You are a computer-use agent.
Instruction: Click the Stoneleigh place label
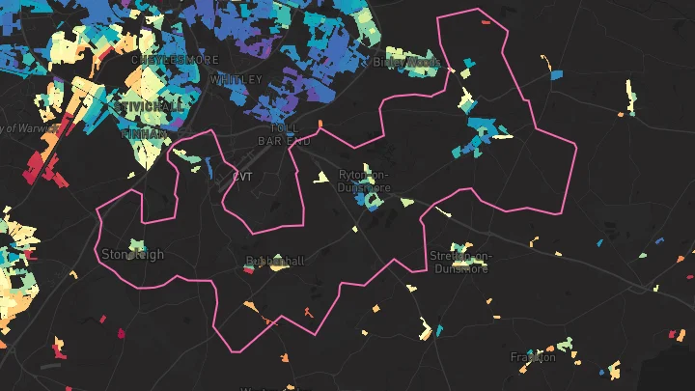(x=132, y=255)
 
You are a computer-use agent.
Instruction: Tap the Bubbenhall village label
(x=275, y=261)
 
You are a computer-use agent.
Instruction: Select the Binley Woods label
(x=406, y=62)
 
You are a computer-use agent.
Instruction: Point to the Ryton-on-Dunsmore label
(x=365, y=181)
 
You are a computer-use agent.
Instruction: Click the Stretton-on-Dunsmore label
(x=460, y=261)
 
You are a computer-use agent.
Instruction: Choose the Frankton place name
(x=533, y=357)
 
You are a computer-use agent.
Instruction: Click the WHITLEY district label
(x=236, y=79)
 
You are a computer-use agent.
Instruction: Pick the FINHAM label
(x=143, y=134)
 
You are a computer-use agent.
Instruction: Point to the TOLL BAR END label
(x=285, y=134)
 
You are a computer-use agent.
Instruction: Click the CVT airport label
(x=241, y=177)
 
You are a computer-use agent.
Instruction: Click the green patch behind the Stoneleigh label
(x=137, y=245)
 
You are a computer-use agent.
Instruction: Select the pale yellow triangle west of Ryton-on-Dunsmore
(x=321, y=178)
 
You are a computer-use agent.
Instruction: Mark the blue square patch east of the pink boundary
(x=556, y=74)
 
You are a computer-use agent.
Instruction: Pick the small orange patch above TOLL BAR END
(x=320, y=123)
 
